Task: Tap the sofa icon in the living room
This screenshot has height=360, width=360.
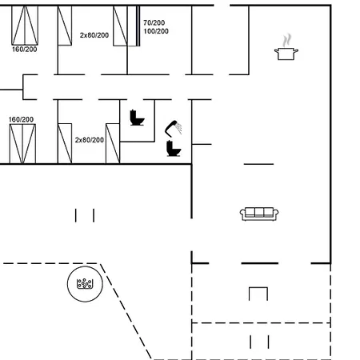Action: (x=259, y=214)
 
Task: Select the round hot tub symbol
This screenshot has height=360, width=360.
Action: (x=85, y=284)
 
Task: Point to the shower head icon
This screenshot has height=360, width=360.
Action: (x=174, y=128)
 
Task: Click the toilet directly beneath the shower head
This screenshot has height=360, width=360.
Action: (x=174, y=148)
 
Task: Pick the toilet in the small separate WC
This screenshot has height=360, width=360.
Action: (x=137, y=118)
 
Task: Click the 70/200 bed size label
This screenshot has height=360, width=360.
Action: (x=154, y=22)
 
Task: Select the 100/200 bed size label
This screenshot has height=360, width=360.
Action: (x=156, y=31)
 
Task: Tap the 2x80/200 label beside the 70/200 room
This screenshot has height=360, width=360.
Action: (x=94, y=35)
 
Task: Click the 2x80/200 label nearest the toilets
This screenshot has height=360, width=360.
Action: (x=90, y=140)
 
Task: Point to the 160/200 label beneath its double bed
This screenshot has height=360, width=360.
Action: (x=25, y=50)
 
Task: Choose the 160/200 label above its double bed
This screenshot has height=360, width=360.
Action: (x=21, y=119)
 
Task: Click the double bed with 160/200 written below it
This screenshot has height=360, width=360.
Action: (x=25, y=26)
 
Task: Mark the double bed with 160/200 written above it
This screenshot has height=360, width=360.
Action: (x=22, y=144)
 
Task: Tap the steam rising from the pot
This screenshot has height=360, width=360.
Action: (x=287, y=40)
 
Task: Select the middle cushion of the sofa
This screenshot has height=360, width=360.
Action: (x=259, y=212)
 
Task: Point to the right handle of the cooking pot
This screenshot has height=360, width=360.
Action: (x=296, y=50)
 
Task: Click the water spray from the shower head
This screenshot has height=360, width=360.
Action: (x=179, y=129)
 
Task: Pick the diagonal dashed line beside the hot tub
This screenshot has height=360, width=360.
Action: (x=126, y=311)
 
